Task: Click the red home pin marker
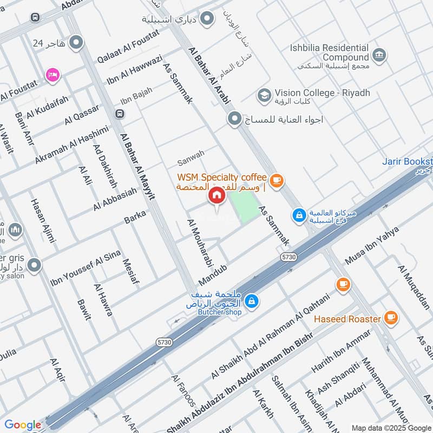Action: coord(216,196)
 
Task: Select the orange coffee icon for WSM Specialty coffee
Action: coord(277,181)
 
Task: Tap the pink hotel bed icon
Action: coord(53,74)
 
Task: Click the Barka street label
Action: coord(135,217)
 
